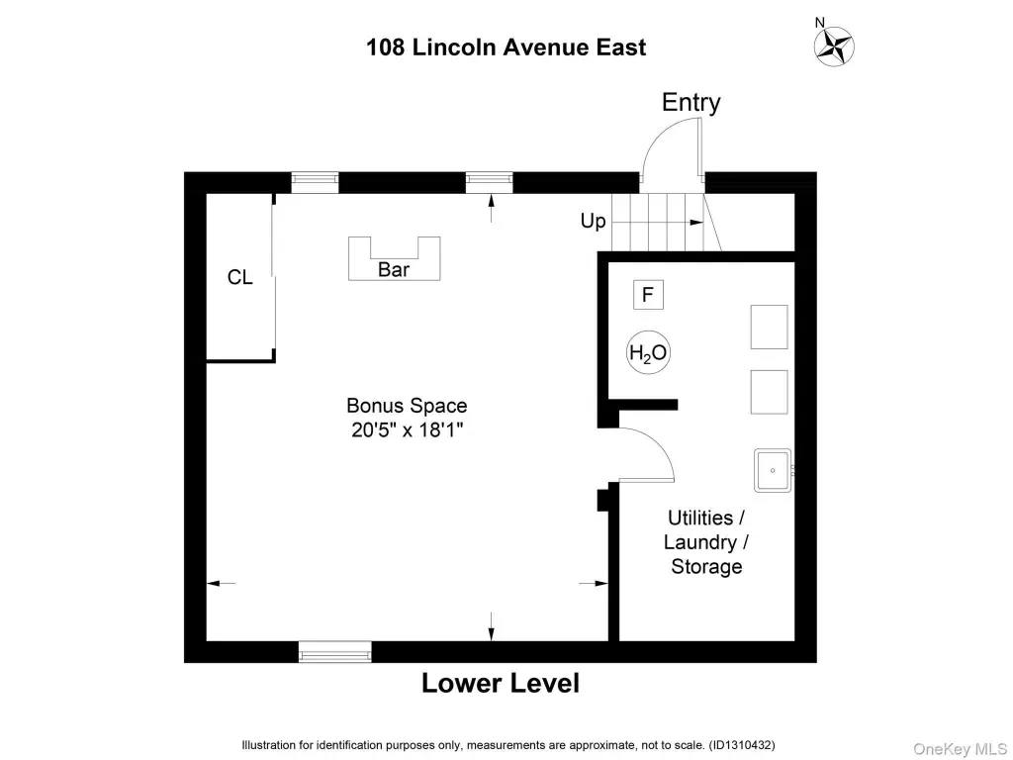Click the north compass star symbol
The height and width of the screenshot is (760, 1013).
pos(834,47)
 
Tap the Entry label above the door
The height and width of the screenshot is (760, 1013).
pos(691,102)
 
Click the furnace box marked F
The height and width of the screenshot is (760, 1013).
pos(648,295)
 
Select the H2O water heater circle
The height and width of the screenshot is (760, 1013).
pos(648,353)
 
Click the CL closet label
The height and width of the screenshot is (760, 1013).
pos(239,277)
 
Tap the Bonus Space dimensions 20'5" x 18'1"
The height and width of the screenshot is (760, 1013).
pos(408,429)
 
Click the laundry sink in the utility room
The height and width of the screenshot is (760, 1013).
pos(773,470)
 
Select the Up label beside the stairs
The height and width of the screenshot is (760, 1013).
pos(593,221)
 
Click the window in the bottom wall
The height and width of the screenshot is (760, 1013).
pos(334,651)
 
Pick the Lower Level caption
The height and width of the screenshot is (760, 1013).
pos(500,683)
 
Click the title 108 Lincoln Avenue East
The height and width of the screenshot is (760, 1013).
pos(506,47)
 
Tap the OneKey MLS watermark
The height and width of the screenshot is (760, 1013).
pos(961,749)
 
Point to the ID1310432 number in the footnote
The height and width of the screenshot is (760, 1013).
pos(742,745)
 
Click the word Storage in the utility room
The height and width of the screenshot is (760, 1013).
pos(706,567)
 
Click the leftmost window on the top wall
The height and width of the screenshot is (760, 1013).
pos(315,182)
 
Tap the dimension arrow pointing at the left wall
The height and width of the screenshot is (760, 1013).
pos(221,584)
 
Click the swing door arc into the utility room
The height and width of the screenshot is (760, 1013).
pos(656,447)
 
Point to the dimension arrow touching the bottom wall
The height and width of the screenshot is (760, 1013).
pos(491,626)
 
